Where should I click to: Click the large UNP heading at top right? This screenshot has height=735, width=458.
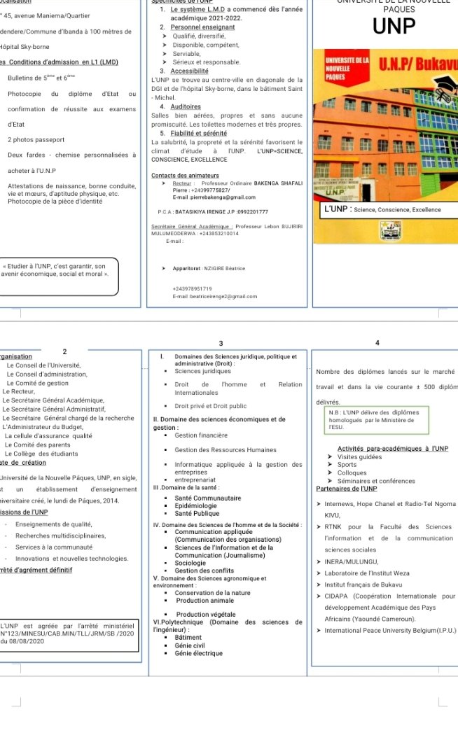coord(394,27)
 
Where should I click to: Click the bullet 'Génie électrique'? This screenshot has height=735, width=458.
coord(199,653)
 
